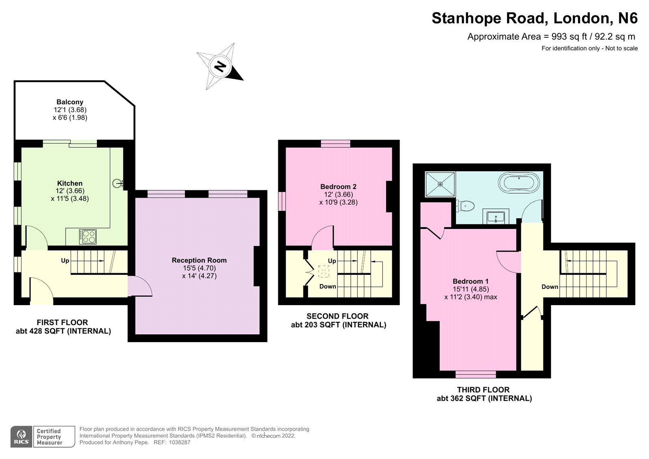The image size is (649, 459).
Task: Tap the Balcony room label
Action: tap(70, 102)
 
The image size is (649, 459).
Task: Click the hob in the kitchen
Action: tap(88, 237)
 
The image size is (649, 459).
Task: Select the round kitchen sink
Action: tap(118, 183)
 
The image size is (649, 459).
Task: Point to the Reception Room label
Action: tap(199, 260)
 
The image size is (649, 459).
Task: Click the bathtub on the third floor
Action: tap(519, 183)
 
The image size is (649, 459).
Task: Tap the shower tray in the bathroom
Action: tap(440, 184)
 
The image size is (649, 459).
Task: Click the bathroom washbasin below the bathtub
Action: tap(496, 217)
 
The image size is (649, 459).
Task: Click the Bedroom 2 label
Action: tap(338, 187)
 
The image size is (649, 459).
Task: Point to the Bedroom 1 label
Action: tap(471, 281)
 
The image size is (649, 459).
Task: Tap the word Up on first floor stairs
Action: tap(65, 261)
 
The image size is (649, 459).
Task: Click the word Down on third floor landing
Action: tap(550, 287)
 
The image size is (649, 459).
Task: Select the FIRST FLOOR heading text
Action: tap(62, 322)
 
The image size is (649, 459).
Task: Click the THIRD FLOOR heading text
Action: tap(483, 390)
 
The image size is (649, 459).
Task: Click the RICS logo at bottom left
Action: tap(21, 437)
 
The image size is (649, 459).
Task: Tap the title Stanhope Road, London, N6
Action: tap(534, 18)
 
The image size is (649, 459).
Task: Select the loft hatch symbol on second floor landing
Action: tap(324, 272)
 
